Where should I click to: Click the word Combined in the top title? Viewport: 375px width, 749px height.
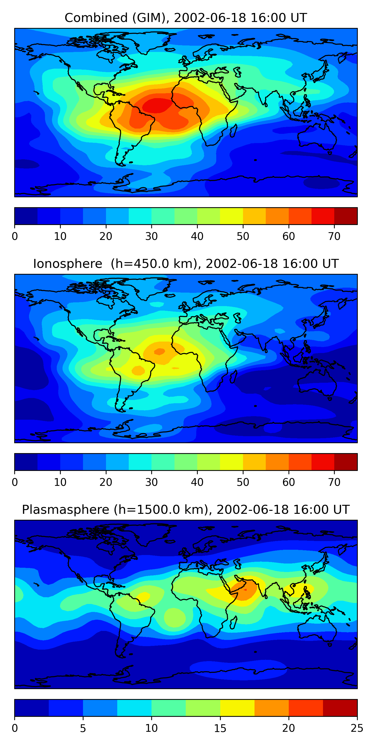point(96,18)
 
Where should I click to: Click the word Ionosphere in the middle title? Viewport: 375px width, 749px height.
point(67,264)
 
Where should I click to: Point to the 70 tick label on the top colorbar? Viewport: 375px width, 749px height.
point(334,236)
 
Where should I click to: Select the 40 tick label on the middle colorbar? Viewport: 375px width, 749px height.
point(197,482)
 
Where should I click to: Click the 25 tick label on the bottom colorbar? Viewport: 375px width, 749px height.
point(357,728)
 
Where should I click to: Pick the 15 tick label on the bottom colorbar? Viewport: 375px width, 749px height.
point(220,728)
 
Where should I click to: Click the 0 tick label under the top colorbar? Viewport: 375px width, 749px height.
point(15,236)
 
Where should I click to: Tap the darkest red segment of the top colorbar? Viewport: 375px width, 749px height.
point(345,216)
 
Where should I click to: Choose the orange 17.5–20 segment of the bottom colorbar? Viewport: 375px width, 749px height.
point(271,708)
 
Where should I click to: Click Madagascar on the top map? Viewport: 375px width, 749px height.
point(233,131)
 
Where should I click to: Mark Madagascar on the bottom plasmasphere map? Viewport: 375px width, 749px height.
point(233,622)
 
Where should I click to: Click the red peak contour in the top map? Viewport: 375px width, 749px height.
point(157,105)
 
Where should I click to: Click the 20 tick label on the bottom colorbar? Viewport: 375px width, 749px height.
point(288,728)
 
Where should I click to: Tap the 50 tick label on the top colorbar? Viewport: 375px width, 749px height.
point(243,236)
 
